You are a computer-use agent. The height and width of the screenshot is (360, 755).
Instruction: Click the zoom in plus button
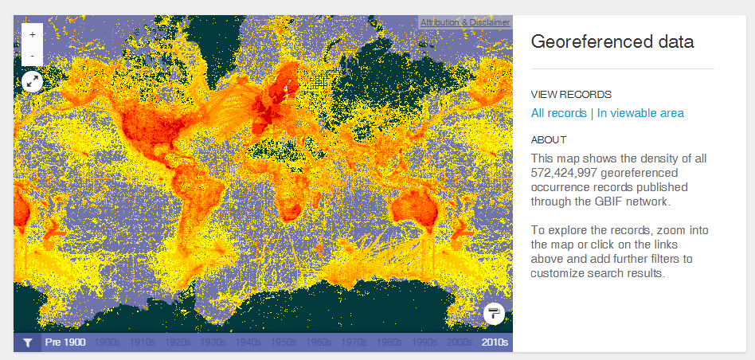tap(32, 35)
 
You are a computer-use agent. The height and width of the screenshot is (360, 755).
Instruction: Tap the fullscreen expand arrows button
tap(32, 80)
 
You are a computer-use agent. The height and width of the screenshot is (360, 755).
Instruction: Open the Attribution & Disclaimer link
tap(465, 22)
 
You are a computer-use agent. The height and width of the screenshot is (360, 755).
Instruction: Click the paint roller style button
tap(494, 313)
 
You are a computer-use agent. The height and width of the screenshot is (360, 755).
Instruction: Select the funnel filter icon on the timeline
tap(28, 342)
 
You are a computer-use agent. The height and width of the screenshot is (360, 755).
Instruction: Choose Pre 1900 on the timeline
tap(65, 342)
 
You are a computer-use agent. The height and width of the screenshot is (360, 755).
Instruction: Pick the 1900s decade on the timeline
tap(108, 342)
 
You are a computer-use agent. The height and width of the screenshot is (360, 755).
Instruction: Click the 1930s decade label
tap(213, 342)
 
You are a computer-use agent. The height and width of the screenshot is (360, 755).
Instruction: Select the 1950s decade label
tap(283, 342)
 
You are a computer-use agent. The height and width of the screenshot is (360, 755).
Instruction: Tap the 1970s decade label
tap(354, 342)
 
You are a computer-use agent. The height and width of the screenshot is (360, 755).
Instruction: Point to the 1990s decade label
tap(424, 342)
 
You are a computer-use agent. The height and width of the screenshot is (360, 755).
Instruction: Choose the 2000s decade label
tap(459, 342)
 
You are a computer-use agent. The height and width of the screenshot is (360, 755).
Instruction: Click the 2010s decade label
tap(494, 342)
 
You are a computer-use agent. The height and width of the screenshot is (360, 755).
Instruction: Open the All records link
tap(558, 113)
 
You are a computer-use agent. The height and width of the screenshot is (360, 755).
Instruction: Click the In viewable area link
tap(640, 113)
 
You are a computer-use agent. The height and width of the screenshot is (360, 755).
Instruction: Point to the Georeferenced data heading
tap(612, 41)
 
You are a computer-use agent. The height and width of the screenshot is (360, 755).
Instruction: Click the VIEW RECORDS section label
tap(571, 94)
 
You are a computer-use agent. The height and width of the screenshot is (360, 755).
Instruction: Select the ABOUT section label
tap(549, 139)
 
